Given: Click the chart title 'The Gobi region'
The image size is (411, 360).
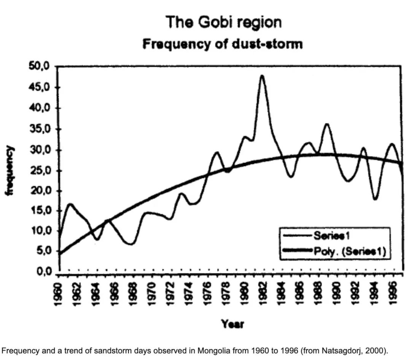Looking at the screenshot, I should (224, 23).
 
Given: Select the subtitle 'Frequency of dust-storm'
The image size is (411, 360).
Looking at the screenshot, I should (223, 44).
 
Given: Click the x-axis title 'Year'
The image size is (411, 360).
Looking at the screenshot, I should (233, 324).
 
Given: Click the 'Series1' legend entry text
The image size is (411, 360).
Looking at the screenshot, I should (331, 236).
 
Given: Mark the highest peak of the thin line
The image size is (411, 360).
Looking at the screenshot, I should (262, 76).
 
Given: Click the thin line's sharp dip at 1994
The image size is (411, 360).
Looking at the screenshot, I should (375, 199).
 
